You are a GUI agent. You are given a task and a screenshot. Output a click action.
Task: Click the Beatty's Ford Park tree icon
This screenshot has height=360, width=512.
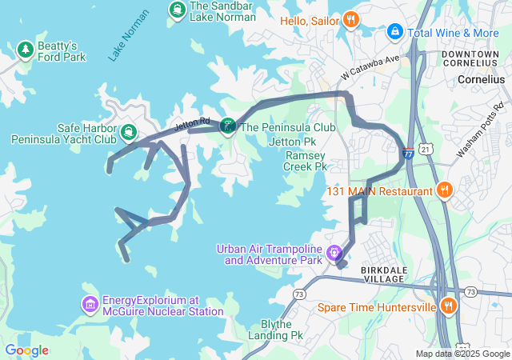pos(26,50)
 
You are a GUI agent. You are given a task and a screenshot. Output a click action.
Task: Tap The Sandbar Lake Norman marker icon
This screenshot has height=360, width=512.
pos(176,10)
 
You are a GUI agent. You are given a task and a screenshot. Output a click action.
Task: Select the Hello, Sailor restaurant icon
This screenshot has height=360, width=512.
pos(350,19)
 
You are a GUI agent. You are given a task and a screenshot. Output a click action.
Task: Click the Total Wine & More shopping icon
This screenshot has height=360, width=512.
pos(394,32)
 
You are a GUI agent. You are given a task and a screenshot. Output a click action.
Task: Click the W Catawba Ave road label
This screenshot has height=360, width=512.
pos(368,68)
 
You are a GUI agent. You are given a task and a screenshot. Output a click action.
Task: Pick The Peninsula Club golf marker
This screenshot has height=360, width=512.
pos(228,126)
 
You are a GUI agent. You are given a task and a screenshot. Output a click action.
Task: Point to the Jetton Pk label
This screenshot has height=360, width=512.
pos(289,142)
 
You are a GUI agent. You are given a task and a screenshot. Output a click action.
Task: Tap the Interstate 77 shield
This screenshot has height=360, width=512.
pos(408,153)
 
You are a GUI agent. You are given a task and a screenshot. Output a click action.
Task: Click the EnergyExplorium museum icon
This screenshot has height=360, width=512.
pos(89,305)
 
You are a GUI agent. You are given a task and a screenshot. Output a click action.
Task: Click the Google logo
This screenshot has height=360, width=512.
pos(26,350)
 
